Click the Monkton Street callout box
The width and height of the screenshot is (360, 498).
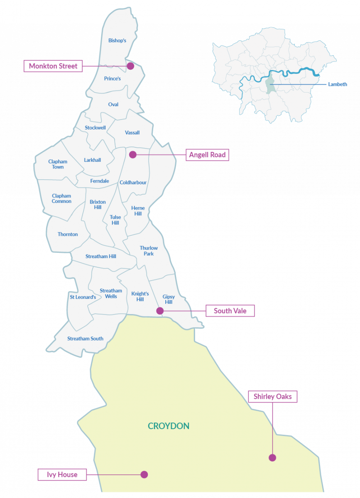click(53, 66)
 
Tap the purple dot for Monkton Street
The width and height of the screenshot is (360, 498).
click(130, 66)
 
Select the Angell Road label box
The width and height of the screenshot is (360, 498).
click(207, 155)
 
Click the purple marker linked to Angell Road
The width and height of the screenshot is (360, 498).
click(132, 155)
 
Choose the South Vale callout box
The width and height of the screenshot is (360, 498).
click(230, 311)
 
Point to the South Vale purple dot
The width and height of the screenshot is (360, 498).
click(160, 311)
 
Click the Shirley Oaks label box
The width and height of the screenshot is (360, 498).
click(272, 397)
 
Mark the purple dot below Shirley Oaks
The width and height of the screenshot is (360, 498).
click(272, 458)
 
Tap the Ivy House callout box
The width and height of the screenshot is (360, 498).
click(62, 474)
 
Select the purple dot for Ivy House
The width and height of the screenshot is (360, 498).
click(144, 474)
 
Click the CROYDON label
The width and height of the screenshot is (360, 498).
click(169, 426)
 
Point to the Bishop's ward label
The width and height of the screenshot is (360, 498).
click(117, 41)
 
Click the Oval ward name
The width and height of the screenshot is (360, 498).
click(113, 105)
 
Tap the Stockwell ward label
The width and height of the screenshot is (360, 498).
click(95, 128)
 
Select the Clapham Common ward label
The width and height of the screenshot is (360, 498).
click(61, 198)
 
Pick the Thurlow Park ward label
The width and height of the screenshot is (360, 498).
click(149, 251)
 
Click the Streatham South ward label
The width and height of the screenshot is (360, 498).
click(85, 339)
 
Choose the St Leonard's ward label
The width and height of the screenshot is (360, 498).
click(83, 297)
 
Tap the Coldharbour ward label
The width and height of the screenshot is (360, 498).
click(133, 183)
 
